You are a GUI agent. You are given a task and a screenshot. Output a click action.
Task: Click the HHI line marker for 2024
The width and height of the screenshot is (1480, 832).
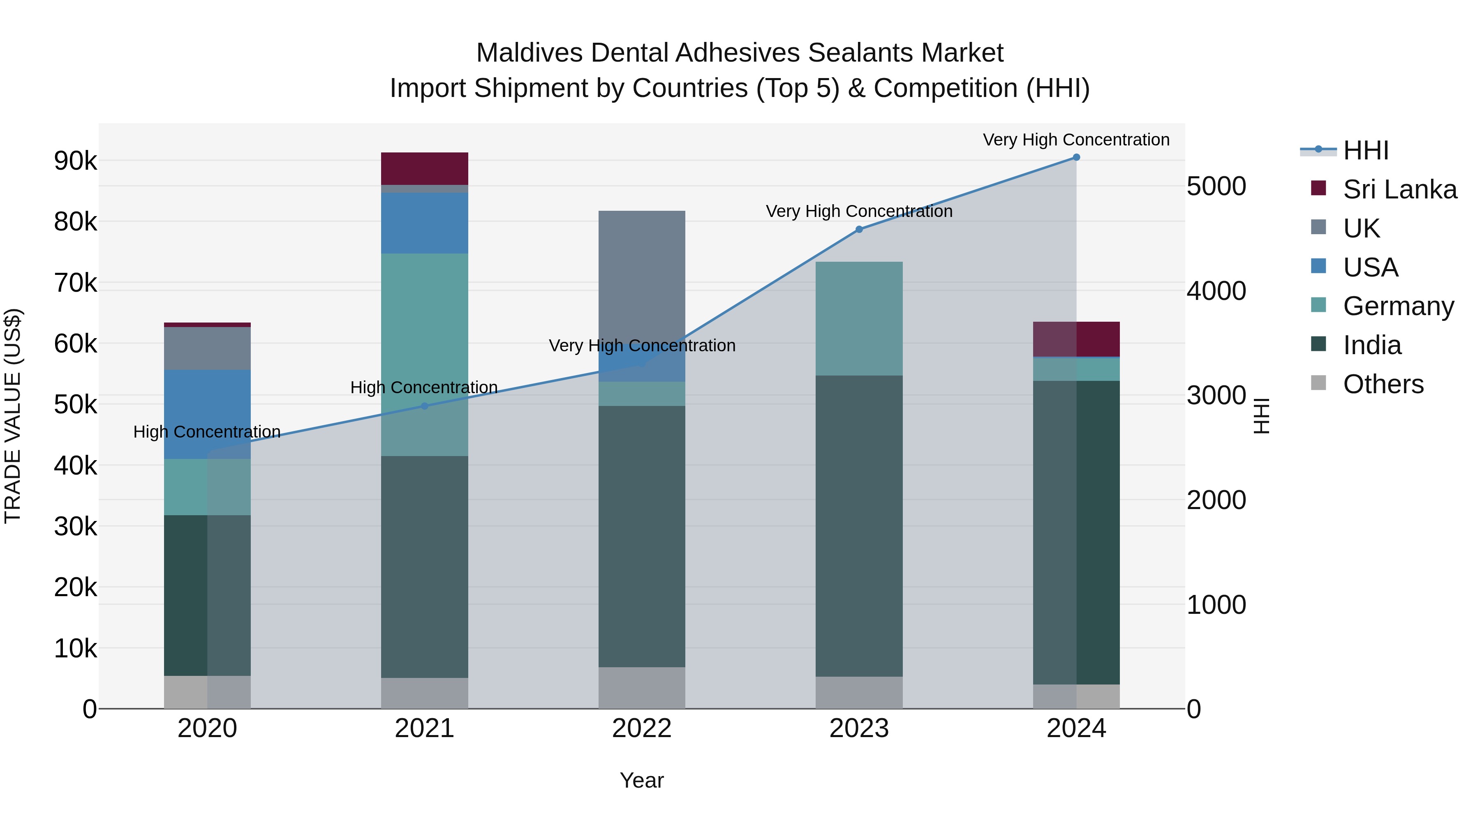[x=1076, y=157]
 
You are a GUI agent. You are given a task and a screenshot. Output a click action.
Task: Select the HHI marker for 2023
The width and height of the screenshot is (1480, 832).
[x=859, y=229]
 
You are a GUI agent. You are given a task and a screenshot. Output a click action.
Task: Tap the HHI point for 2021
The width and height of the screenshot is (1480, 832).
[x=425, y=406]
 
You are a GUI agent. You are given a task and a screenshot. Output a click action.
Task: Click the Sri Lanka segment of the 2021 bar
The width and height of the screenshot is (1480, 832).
[x=425, y=168]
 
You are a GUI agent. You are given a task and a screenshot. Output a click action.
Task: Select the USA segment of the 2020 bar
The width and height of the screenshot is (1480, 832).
[x=208, y=413]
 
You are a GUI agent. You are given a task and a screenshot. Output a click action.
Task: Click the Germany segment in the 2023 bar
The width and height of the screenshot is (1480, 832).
[x=859, y=319]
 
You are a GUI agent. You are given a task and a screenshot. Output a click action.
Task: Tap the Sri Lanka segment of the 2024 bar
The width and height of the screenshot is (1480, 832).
[x=1076, y=339]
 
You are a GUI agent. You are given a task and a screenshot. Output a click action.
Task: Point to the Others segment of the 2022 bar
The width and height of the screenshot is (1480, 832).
[x=642, y=687]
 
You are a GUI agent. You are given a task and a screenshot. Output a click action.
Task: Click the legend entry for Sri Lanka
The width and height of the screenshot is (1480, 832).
[x=1399, y=189]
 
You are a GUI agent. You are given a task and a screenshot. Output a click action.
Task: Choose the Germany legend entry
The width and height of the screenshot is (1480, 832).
[x=1398, y=306]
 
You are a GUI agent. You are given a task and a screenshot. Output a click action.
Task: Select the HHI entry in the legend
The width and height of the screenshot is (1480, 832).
[x=1366, y=150]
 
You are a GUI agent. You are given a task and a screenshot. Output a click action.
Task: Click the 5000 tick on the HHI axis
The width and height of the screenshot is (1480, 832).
[x=1216, y=186]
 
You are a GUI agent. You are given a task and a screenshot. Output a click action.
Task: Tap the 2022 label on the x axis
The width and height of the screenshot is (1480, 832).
[x=642, y=728]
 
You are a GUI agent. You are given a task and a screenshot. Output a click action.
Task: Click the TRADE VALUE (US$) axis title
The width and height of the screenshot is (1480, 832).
[x=13, y=416]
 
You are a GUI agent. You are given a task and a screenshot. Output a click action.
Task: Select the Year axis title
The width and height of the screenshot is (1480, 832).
[x=642, y=780]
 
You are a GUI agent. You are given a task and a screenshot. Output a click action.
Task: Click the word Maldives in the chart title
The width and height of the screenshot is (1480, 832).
[x=529, y=53]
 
